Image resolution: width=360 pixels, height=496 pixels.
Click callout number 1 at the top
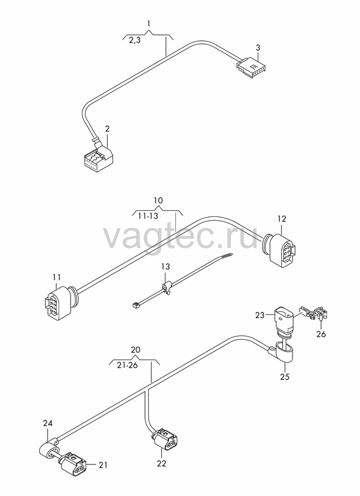pos(149,24)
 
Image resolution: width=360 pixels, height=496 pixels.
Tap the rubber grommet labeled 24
pos(49,448)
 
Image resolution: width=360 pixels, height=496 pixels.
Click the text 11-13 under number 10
pos(148,216)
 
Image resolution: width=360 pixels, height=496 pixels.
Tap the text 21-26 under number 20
pos(127,365)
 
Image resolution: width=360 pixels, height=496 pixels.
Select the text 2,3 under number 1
pos(134,40)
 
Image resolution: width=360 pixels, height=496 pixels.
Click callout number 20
pos(135,350)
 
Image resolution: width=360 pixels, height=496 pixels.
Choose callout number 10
pos(159,200)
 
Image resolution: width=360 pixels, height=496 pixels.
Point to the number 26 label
pos(321,334)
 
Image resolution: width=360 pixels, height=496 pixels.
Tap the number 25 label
pos(285,377)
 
